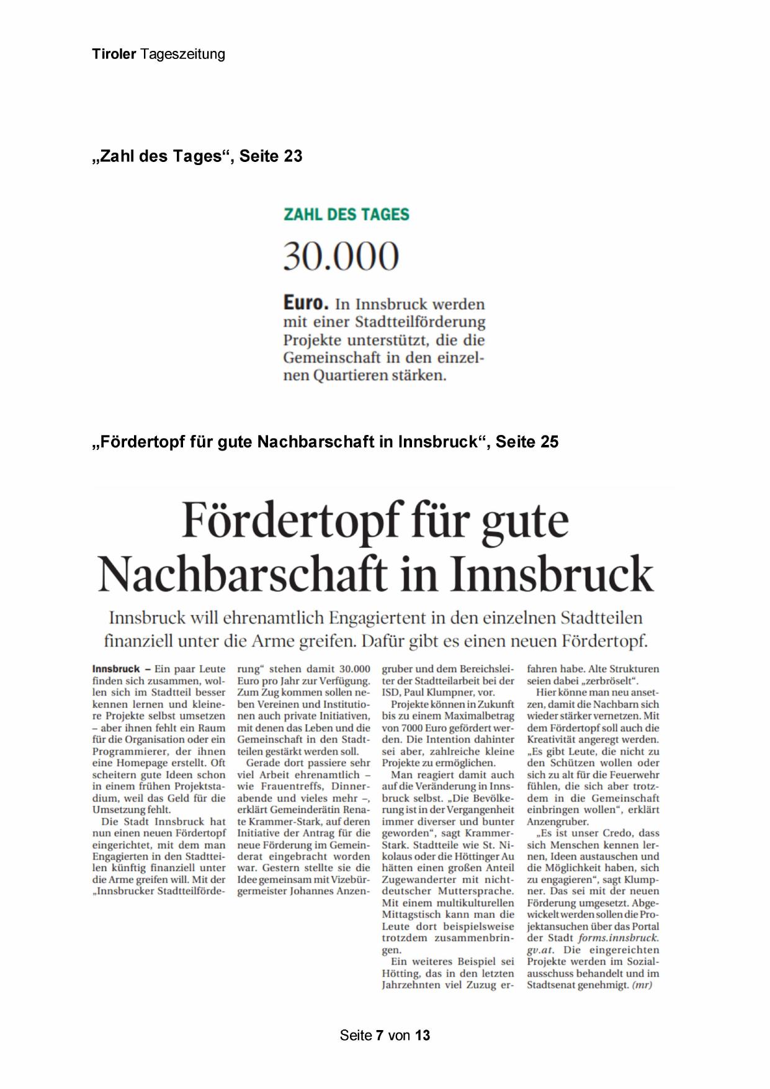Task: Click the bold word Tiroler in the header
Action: [114, 55]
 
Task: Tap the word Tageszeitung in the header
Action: [182, 55]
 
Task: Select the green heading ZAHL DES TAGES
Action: [346, 215]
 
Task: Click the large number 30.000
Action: [341, 256]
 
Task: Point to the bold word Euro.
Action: [305, 303]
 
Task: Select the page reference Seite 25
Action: [527, 442]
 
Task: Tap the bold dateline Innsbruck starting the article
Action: [116, 669]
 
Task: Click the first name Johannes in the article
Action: [310, 891]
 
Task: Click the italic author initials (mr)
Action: [642, 985]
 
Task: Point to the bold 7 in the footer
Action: [380, 1035]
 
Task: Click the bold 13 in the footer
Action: [423, 1035]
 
